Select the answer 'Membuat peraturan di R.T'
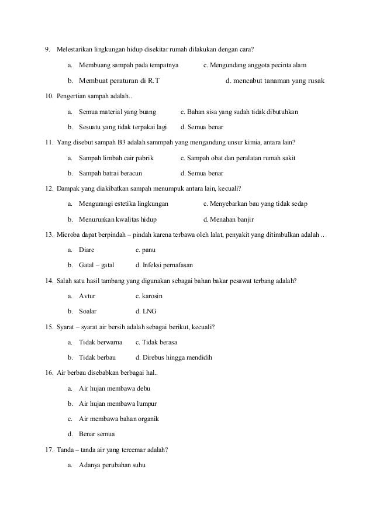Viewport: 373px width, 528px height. point(119,81)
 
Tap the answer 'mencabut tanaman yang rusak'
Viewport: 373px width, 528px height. point(279,81)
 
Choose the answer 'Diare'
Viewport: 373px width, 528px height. point(87,250)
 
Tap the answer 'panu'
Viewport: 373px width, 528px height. point(148,250)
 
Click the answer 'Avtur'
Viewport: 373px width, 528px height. point(87,296)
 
